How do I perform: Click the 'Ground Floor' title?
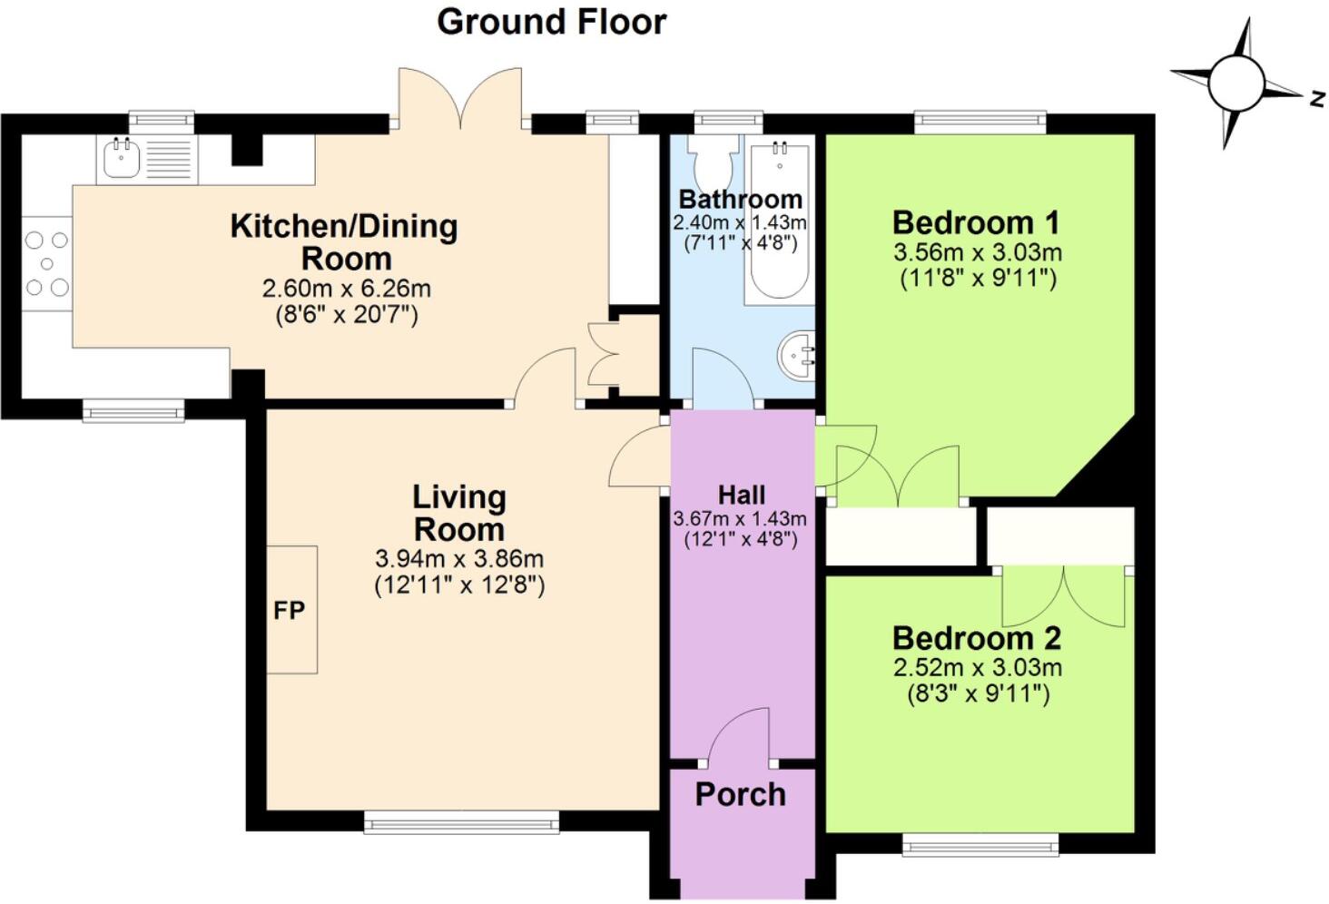pyautogui.click(x=552, y=23)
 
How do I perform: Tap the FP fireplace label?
pyautogui.click(x=289, y=610)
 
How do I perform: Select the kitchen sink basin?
pyautogui.click(x=122, y=157)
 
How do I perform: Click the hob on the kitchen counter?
pyautogui.click(x=47, y=263)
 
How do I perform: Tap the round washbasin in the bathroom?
pyautogui.click(x=796, y=355)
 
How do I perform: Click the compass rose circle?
pyautogui.click(x=1236, y=83)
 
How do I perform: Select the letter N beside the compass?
pyautogui.click(x=1318, y=98)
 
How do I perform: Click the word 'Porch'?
pyautogui.click(x=741, y=794)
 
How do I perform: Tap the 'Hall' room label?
pyautogui.click(x=742, y=495)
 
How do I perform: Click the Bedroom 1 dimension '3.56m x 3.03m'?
pyautogui.click(x=978, y=252)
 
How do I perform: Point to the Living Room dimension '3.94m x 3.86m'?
pyautogui.click(x=459, y=559)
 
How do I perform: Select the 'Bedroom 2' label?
pyautogui.click(x=977, y=638)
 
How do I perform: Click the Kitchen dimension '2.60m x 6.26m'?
pyautogui.click(x=347, y=289)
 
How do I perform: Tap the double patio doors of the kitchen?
pyautogui.click(x=460, y=98)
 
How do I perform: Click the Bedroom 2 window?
pyautogui.click(x=980, y=845)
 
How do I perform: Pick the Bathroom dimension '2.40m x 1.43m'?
pyautogui.click(x=740, y=223)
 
